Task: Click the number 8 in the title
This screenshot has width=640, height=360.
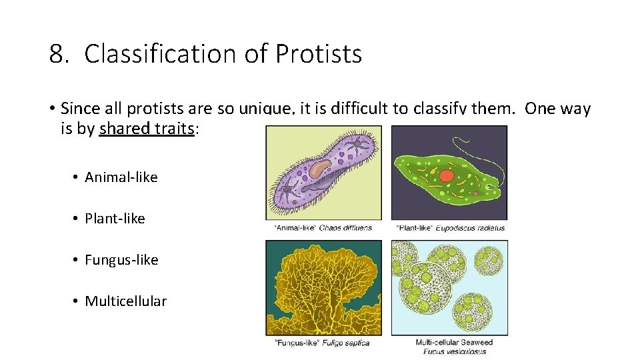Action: click(57, 54)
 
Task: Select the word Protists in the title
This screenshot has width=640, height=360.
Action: click(318, 54)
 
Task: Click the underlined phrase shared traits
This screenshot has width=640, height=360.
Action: click(147, 129)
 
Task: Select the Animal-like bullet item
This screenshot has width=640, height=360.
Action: click(121, 177)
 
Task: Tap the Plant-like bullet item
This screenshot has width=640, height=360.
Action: click(115, 219)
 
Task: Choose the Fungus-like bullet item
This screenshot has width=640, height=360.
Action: click(121, 260)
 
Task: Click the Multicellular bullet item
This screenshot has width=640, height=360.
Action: click(125, 301)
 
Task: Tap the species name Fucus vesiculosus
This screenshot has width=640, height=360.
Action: click(455, 351)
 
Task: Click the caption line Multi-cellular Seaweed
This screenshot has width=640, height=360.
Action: click(455, 343)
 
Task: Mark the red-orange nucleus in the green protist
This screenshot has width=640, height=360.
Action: click(447, 175)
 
